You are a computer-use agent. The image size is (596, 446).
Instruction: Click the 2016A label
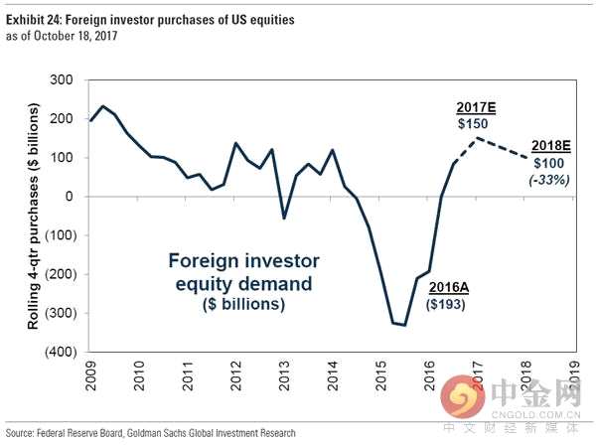point(448,288)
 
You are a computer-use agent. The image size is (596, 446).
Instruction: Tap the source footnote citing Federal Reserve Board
point(150,433)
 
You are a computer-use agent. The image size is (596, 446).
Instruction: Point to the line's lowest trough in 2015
point(404,325)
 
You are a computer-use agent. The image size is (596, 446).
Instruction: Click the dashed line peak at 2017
point(479,138)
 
